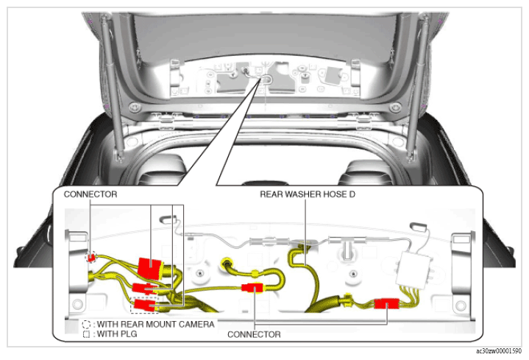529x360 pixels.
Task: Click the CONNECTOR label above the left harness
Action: [x=90, y=194]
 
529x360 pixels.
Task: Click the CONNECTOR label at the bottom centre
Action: [x=254, y=334]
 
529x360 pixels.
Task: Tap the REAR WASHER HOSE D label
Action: [x=308, y=194]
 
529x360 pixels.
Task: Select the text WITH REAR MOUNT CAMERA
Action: [x=156, y=324]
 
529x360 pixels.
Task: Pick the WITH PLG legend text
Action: [x=117, y=334]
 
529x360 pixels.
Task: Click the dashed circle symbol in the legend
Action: [x=86, y=325]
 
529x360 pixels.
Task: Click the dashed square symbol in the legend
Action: [x=86, y=334]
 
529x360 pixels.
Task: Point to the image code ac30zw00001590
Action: [x=499, y=351]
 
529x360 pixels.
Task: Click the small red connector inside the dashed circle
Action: [x=90, y=258]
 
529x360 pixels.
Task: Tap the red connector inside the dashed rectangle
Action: [x=144, y=305]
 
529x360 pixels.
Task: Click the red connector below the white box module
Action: [x=386, y=303]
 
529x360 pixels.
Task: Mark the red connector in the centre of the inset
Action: [x=252, y=288]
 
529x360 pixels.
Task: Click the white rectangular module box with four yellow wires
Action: [x=415, y=269]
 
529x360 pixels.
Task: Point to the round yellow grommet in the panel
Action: [x=226, y=262]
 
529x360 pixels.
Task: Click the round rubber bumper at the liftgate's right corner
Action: [x=394, y=108]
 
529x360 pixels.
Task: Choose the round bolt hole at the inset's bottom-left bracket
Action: [x=77, y=303]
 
